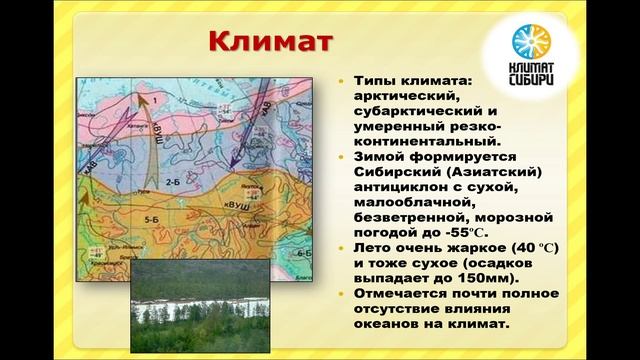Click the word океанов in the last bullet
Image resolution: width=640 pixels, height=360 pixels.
(387, 325)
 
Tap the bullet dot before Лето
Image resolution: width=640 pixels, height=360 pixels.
(342, 245)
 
